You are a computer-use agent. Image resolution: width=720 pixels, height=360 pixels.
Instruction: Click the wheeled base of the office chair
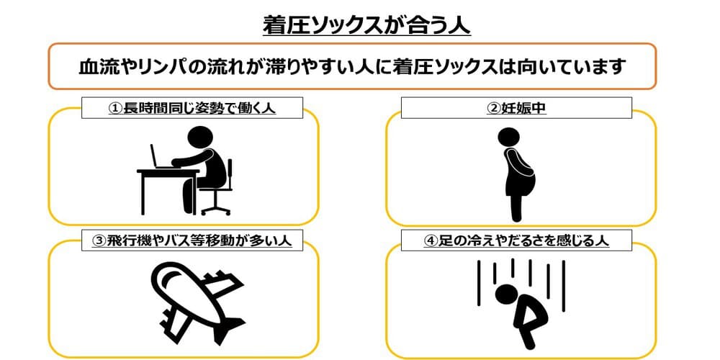(215, 209)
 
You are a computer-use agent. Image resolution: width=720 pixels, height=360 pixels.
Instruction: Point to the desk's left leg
(142, 193)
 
